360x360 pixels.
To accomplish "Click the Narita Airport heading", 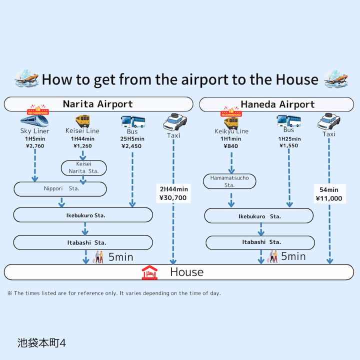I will tap(98, 104).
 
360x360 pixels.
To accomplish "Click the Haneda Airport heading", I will tap(277, 104).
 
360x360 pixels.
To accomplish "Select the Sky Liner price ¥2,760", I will tap(34, 146).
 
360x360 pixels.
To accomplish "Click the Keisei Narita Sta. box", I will tap(83, 167).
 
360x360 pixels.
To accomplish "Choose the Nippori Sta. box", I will tap(60, 189).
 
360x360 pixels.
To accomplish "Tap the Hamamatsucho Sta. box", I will tap(229, 181).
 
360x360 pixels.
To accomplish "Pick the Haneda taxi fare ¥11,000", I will tap(329, 198).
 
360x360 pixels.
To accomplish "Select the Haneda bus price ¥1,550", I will tap(289, 145).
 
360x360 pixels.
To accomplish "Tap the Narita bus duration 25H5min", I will tap(132, 139).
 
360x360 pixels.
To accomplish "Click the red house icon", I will tap(149, 272).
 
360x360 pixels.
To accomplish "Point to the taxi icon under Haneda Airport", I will tap(329, 121).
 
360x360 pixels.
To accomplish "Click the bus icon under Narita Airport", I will tap(132, 121).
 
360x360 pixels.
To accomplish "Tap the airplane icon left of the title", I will tap(26, 78).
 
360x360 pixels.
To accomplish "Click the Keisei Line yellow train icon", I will tap(82, 120).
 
